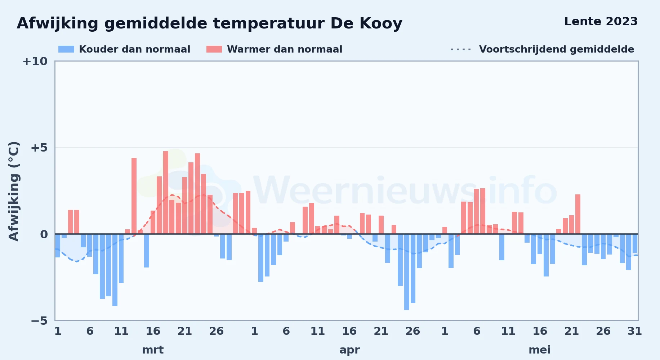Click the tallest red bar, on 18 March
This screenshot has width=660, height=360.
pyautogui.click(x=166, y=193)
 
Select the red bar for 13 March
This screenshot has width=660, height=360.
pyautogui.click(x=134, y=196)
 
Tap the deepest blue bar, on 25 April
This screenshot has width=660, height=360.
pyautogui.click(x=407, y=272)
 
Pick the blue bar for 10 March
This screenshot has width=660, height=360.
pyautogui.click(x=115, y=270)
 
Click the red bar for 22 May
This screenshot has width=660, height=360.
pyautogui.click(x=578, y=214)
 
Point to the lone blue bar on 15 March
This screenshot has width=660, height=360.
pyautogui.click(x=147, y=251)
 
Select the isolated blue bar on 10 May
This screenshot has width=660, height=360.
pyautogui.click(x=502, y=247)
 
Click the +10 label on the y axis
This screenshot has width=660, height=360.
pyautogui.click(x=35, y=61)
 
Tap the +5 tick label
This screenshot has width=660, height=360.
pyautogui.click(x=39, y=148)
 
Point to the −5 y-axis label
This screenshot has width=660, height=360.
pyautogui.click(x=39, y=320)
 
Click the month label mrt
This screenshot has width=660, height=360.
pyautogui.click(x=153, y=350)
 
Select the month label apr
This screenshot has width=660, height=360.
pyautogui.click(x=349, y=350)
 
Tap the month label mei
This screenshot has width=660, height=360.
pyautogui.click(x=540, y=350)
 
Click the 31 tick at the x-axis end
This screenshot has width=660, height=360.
pyautogui.click(x=634, y=331)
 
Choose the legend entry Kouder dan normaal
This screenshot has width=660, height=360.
pyautogui.click(x=124, y=49)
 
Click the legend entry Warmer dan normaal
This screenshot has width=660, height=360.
pyautogui.click(x=274, y=49)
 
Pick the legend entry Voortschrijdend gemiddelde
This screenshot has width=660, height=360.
pyautogui.click(x=542, y=49)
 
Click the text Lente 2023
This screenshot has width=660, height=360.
pyautogui.click(x=601, y=21)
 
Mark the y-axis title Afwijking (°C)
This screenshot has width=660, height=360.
pyautogui.click(x=14, y=191)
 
